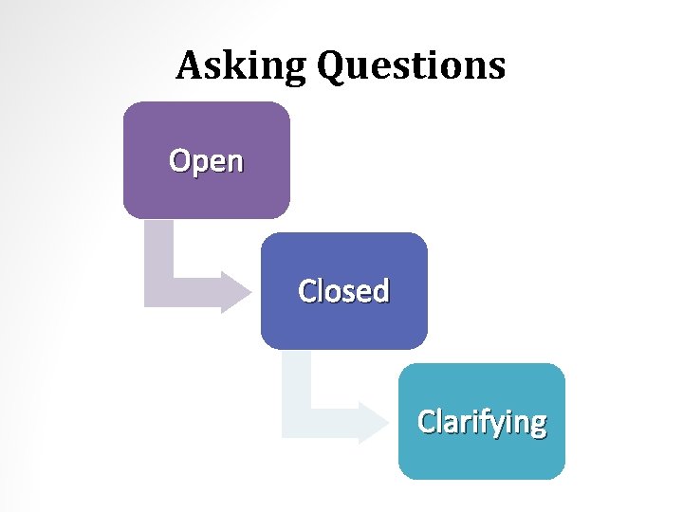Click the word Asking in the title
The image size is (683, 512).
[x=241, y=66]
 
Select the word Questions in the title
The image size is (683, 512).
[x=412, y=66]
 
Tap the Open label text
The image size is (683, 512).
[x=206, y=161]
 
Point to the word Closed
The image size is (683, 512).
[x=343, y=291]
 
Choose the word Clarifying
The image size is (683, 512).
[x=482, y=421]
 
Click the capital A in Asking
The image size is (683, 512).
[x=188, y=65]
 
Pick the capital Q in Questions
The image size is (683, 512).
[x=334, y=66]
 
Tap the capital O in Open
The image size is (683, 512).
[x=179, y=160]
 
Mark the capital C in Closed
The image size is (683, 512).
[x=307, y=291]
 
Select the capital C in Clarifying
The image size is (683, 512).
[x=427, y=421]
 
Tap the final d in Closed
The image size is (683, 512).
[x=380, y=290]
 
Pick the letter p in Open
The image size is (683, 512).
[x=199, y=164]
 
